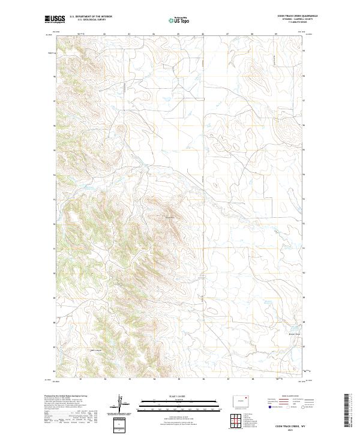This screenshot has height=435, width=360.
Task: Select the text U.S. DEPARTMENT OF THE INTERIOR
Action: (x=91, y=17)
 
